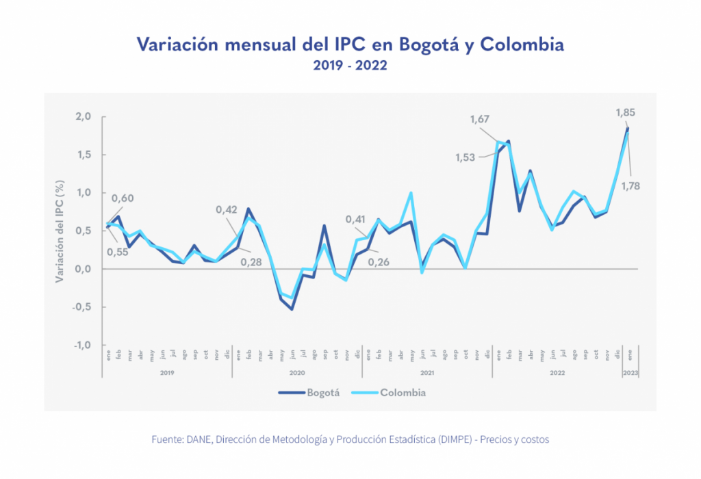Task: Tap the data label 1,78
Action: [629, 185]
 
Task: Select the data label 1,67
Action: [480, 120]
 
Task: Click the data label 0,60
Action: [123, 198]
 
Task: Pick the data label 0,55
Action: [118, 251]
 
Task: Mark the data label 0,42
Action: [227, 209]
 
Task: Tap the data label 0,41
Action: [355, 219]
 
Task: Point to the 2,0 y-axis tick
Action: [84, 116]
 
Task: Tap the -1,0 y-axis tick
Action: [82, 345]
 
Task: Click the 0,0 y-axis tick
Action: [84, 269]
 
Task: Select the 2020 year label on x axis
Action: [297, 373]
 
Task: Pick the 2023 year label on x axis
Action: [629, 373]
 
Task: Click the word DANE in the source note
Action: [196, 439]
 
